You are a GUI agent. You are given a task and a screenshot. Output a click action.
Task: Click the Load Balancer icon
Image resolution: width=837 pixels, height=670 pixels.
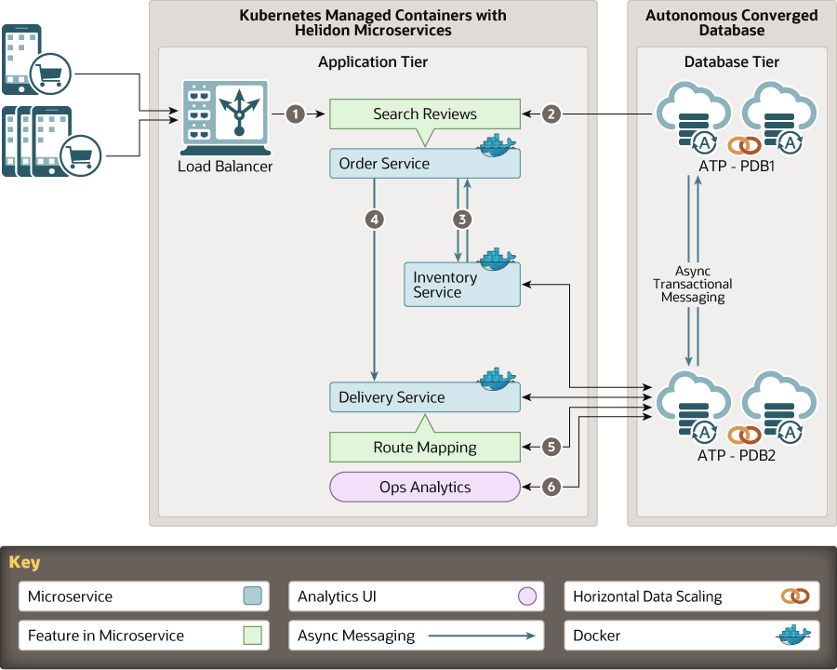coord(225,116)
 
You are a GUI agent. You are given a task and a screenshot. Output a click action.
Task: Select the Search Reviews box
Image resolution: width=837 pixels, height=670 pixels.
coord(424,114)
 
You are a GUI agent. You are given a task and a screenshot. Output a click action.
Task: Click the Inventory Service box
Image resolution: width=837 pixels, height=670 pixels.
coord(462,284)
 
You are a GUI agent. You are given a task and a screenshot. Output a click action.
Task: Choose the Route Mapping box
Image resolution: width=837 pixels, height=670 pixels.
coord(424,448)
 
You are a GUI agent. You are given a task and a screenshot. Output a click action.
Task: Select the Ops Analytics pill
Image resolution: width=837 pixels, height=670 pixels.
coord(424,487)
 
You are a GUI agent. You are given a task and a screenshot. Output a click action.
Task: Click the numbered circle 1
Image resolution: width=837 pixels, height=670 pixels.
coord(296,114)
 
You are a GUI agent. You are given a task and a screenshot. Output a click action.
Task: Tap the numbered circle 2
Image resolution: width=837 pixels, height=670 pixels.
coord(551,114)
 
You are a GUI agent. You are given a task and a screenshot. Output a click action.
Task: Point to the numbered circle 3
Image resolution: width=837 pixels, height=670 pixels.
coord(461,220)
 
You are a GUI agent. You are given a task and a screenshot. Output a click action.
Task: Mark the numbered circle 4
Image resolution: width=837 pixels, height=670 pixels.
coord(374,220)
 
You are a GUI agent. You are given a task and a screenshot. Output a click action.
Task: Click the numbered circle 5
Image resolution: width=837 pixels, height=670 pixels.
coord(551,447)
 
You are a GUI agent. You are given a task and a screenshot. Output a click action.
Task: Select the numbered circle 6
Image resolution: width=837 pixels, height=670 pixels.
coord(551,486)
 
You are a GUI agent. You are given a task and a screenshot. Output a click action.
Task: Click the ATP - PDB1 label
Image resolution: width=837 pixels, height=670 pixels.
coord(736,167)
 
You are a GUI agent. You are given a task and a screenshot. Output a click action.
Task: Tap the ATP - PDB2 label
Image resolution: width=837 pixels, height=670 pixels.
coord(736,456)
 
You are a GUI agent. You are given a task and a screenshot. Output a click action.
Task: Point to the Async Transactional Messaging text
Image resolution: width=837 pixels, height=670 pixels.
coord(692,284)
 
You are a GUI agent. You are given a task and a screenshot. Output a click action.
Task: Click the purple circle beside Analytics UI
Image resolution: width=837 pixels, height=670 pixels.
coord(527,596)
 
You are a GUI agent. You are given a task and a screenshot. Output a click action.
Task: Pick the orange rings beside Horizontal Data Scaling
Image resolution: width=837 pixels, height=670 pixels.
coord(795,596)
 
